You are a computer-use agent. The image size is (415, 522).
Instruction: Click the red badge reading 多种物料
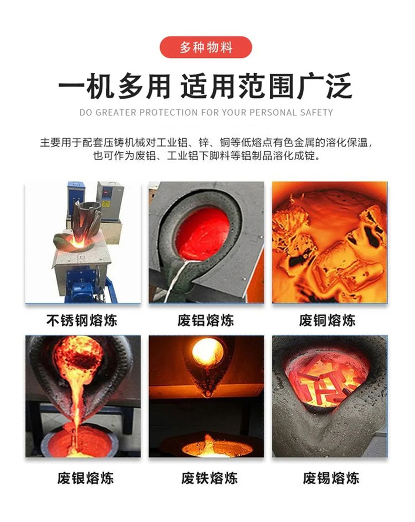[206, 47]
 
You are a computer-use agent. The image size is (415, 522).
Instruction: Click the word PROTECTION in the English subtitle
[169, 112]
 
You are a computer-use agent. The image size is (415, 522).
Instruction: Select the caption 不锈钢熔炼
[82, 320]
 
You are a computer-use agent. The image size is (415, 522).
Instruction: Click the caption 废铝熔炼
[206, 320]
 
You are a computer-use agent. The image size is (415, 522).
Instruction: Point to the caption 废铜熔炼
[327, 320]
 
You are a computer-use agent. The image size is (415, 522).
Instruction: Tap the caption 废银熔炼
[86, 478]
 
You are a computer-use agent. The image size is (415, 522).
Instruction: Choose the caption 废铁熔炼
[210, 478]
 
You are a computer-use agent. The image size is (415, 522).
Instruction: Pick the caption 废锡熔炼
[331, 478]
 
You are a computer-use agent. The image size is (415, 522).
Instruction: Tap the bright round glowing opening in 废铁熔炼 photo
[207, 352]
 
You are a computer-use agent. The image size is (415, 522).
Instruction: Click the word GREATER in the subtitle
[116, 112]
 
